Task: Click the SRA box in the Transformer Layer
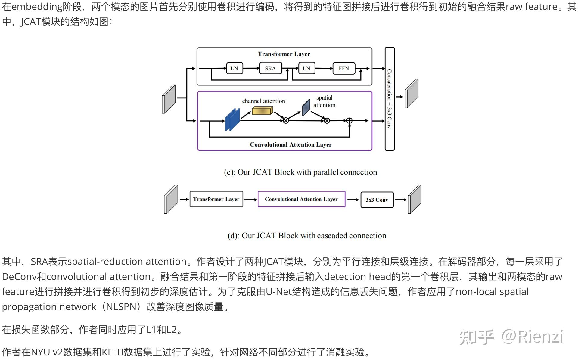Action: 270,68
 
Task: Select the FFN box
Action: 344,68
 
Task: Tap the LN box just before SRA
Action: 234,68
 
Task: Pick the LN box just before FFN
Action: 306,68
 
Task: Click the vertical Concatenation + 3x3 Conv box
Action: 390,99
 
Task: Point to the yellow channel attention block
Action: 262,111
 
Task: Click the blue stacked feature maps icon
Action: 232,120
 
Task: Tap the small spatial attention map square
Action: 306,107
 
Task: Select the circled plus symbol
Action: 349,121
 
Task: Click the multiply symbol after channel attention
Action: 286,121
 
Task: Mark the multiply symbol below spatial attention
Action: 327,121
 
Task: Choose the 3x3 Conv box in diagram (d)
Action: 377,200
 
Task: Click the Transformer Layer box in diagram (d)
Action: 216,199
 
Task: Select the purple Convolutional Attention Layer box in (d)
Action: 301,199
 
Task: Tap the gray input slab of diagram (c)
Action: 169,99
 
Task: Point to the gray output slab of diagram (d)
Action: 415,199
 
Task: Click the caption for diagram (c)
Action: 300,172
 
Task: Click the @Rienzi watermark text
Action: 532,337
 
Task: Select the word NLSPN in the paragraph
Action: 121,307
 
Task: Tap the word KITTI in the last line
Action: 112,352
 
